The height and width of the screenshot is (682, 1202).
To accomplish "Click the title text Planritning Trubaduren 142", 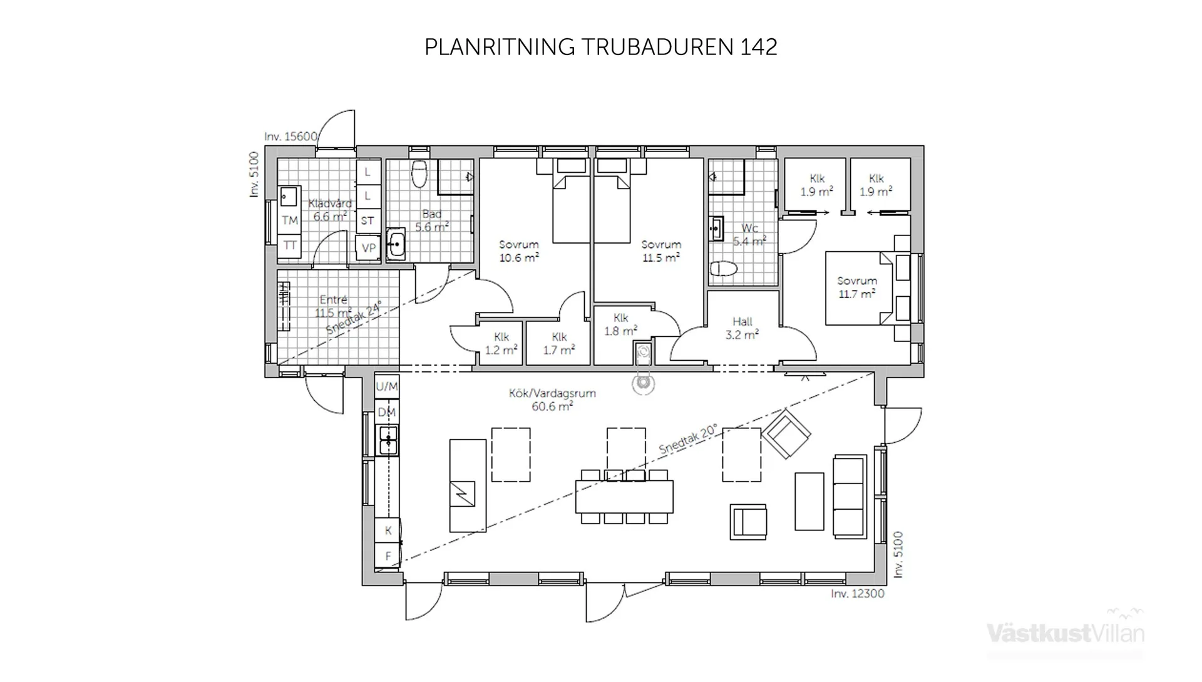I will pyautogui.click(x=600, y=47).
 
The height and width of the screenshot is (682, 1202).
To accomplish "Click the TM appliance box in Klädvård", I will pyautogui.click(x=289, y=220).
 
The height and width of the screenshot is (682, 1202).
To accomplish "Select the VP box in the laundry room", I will pyautogui.click(x=368, y=248).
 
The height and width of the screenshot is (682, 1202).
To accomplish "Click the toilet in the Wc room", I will pyautogui.click(x=724, y=269).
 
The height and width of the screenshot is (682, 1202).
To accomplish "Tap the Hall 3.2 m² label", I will pyautogui.click(x=742, y=328).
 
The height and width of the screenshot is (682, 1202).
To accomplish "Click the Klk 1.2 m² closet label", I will pyautogui.click(x=501, y=344).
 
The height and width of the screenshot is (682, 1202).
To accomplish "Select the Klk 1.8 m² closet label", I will pyautogui.click(x=620, y=324).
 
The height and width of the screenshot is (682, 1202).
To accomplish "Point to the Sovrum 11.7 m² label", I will pyautogui.click(x=856, y=287).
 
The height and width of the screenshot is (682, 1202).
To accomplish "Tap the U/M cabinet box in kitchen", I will pyautogui.click(x=387, y=386).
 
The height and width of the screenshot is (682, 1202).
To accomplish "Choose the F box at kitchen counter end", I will pyautogui.click(x=388, y=555).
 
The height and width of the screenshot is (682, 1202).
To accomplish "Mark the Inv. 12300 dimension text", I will pyautogui.click(x=857, y=594).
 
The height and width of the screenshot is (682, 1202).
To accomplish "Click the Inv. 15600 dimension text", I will pyautogui.click(x=290, y=137).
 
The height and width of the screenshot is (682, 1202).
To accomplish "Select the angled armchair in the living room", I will pyautogui.click(x=786, y=433).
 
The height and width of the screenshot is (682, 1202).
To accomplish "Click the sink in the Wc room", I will pyautogui.click(x=716, y=229).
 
